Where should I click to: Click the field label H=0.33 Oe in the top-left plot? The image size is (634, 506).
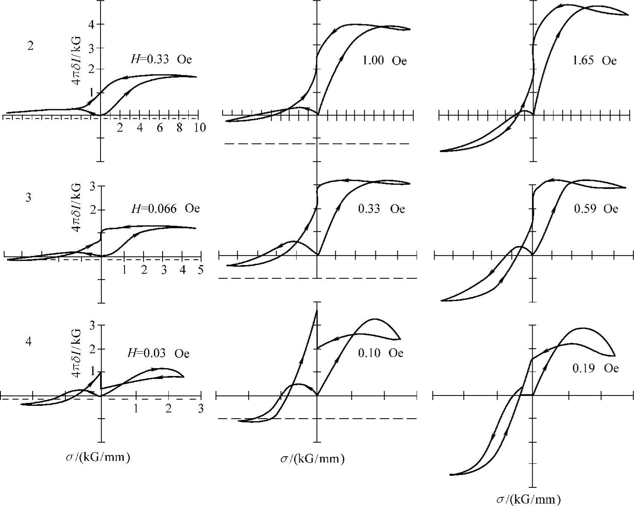click(159, 60)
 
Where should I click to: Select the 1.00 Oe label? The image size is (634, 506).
click(384, 61)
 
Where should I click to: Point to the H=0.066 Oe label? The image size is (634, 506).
click(165, 208)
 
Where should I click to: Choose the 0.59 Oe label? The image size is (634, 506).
click(596, 208)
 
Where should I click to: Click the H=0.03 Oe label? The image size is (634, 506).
click(158, 353)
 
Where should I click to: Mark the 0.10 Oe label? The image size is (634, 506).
click(380, 353)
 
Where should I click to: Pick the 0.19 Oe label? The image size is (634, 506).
click(596, 368)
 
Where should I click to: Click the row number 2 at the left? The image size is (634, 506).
click(30, 46)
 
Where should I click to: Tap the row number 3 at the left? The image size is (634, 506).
click(29, 198)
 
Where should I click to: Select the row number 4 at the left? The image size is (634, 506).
click(29, 342)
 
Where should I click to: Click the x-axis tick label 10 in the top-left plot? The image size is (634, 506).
click(199, 128)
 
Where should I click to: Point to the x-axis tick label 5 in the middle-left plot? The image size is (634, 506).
click(200, 270)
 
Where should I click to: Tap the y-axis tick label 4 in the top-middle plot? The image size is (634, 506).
click(308, 24)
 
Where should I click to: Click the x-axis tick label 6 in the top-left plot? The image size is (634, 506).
click(159, 128)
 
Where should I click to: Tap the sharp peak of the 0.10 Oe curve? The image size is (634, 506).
click(317, 309)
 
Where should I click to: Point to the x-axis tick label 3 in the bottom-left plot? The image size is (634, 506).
click(200, 408)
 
